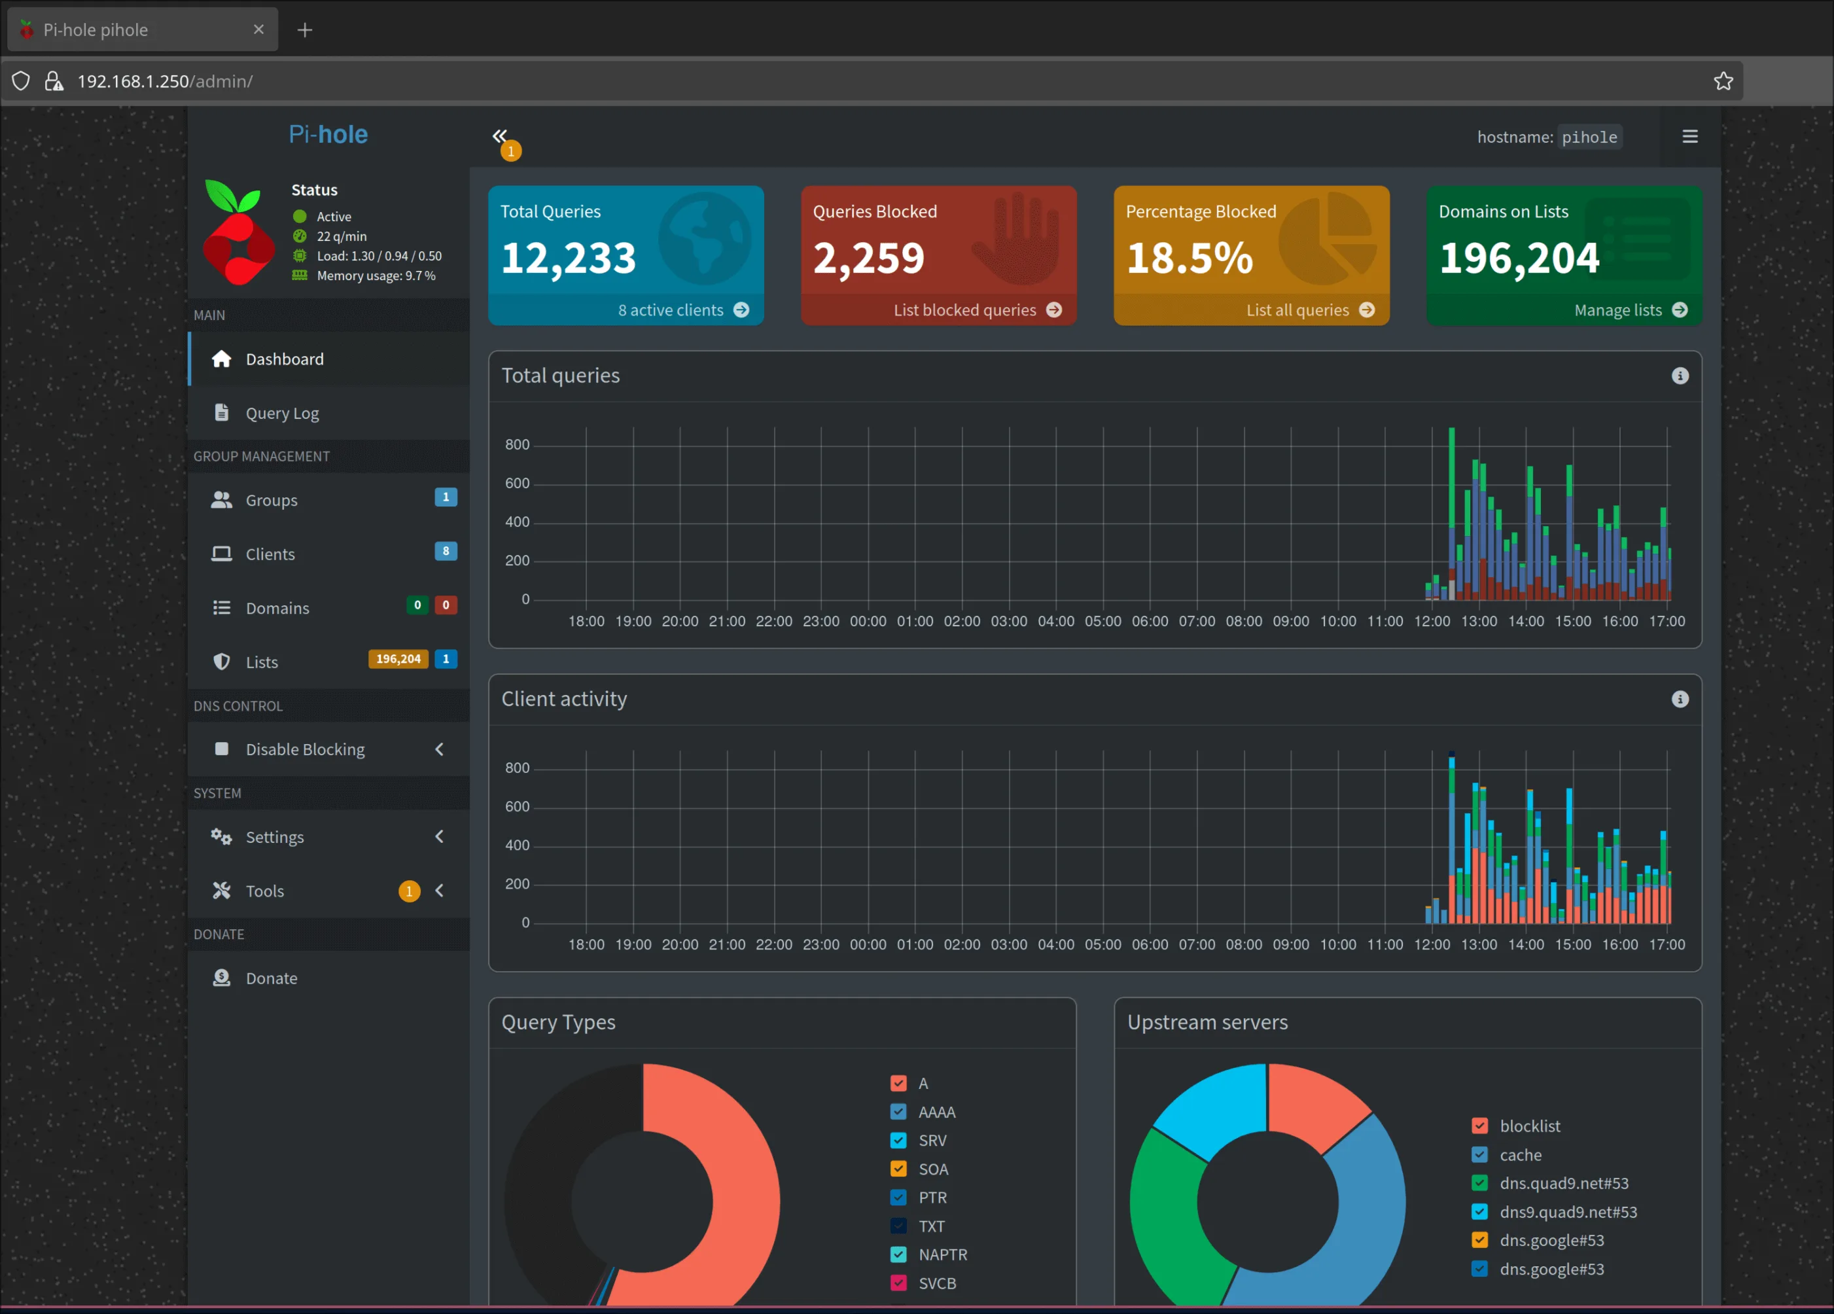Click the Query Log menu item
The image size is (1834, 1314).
281,413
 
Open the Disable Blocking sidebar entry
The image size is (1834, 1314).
305,749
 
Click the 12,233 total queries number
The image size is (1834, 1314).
568,258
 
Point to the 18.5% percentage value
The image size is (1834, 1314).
1189,258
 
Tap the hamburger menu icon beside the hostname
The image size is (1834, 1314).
1689,137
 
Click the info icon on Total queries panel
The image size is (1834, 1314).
1680,376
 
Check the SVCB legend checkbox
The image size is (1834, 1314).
898,1283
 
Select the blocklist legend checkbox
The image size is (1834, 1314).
1479,1126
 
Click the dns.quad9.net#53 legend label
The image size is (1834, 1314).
1563,1183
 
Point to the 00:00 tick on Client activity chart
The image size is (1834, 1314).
868,944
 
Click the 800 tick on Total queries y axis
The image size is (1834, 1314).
517,445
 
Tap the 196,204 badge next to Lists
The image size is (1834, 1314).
398,659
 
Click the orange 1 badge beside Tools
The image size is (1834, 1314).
409,891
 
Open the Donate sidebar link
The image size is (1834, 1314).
271,978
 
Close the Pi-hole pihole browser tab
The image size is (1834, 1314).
258,30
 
